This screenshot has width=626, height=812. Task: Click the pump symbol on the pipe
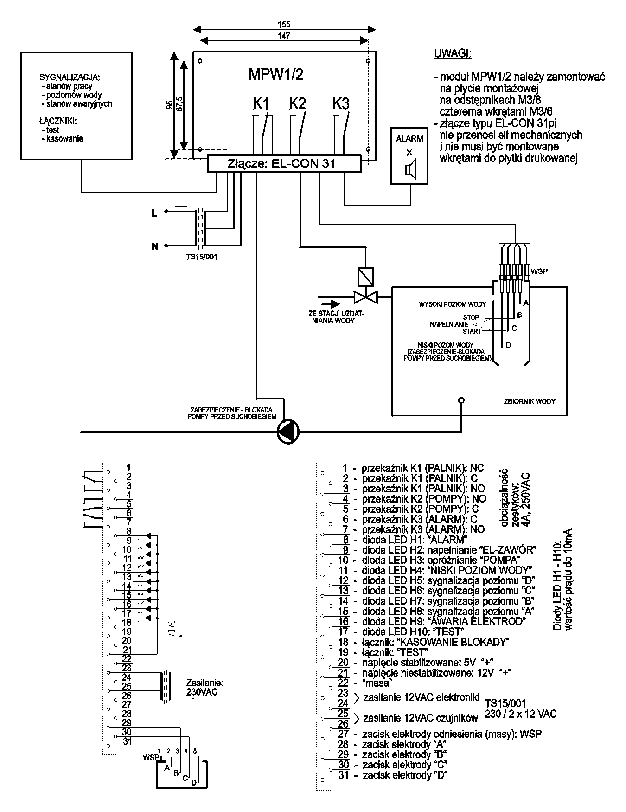pos(288,432)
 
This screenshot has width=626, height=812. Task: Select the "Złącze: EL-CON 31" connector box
pos(284,164)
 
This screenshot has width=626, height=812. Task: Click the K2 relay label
pos(297,103)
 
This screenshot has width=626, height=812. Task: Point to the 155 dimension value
pos(284,25)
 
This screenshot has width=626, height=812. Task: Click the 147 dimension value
pos(284,36)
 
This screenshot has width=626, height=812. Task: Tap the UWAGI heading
pos(453,54)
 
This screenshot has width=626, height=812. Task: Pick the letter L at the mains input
pos(154,213)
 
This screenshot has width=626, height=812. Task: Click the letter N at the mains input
pos(155,246)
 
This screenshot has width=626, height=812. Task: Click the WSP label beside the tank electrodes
pos(539,271)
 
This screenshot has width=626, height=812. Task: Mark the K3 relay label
pos(341,103)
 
